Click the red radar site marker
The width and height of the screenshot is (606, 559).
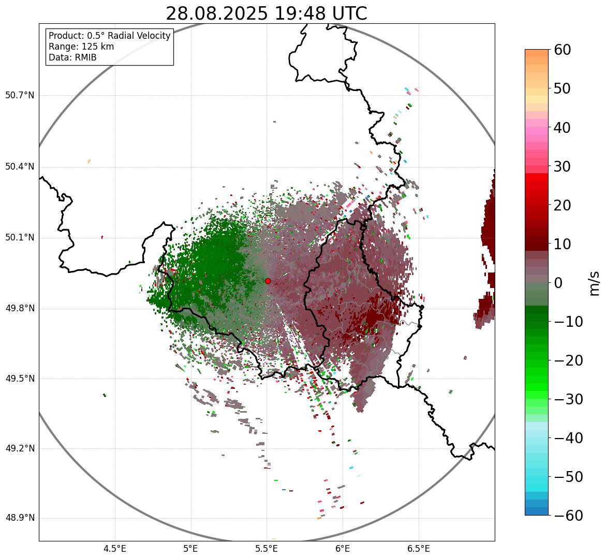click(268, 281)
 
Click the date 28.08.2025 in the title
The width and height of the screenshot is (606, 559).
click(217, 13)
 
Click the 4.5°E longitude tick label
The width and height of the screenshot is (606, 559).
click(115, 549)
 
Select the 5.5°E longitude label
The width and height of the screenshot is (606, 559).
click(267, 549)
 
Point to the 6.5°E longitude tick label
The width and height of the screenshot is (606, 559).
click(419, 549)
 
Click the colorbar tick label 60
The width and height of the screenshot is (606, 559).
click(563, 50)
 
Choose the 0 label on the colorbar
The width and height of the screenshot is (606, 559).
click(558, 283)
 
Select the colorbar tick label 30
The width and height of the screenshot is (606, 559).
click(563, 167)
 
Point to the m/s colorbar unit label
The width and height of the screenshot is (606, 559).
click(595, 283)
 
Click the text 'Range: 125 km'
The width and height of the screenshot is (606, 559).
click(81, 47)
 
